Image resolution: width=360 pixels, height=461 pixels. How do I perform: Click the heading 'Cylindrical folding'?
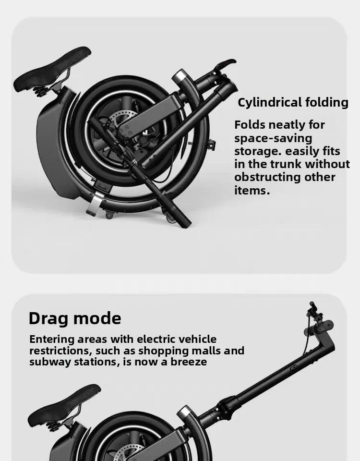293,102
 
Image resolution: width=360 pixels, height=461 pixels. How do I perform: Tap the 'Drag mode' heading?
75,318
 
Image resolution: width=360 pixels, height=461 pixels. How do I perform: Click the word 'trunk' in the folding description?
284,164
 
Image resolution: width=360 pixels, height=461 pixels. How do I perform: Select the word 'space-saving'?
273,138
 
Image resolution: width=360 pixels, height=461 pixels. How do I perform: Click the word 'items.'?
252,190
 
